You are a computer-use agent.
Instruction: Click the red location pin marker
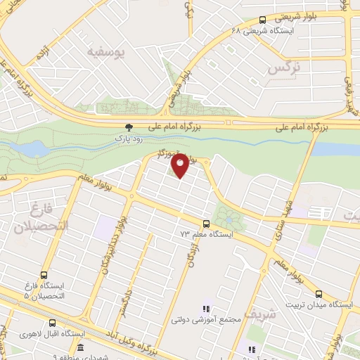(x=180, y=166)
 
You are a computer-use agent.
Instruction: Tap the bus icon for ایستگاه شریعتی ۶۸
(x=262, y=20)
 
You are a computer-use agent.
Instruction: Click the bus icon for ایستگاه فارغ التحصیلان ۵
(x=46, y=276)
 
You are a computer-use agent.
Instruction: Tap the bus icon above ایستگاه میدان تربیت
(x=319, y=294)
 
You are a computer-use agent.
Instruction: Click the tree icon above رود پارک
(x=129, y=127)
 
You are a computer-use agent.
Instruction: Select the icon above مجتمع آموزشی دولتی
(x=206, y=308)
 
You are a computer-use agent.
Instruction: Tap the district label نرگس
(x=283, y=69)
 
